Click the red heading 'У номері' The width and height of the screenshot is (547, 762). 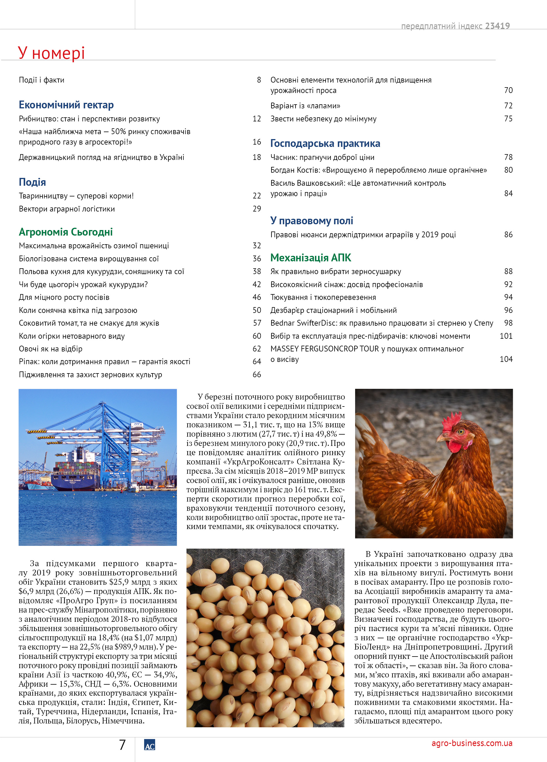[x=51, y=53]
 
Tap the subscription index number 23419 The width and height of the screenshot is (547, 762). [x=497, y=26]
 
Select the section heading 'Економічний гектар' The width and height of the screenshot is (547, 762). [x=66, y=105]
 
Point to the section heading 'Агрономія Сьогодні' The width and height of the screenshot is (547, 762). [x=65, y=232]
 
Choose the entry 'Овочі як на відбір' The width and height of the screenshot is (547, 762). [x=50, y=349]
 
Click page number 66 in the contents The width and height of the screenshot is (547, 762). [x=257, y=375]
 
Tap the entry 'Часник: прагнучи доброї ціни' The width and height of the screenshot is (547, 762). [x=322, y=157]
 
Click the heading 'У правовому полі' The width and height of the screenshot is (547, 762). [x=311, y=221]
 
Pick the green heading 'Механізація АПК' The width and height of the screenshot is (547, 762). [x=311, y=258]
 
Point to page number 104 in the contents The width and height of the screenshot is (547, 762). [x=506, y=359]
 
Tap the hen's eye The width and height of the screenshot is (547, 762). [x=461, y=431]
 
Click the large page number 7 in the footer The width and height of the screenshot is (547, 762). [x=122, y=745]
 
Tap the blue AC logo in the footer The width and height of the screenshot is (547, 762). [x=149, y=745]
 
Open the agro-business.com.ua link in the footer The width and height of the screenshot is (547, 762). [x=471, y=743]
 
